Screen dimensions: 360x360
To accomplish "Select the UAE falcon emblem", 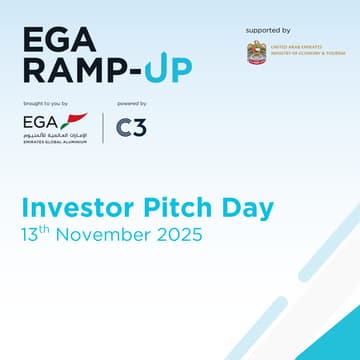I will pyautogui.click(x=257, y=52).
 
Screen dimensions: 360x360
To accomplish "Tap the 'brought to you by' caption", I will pyautogui.click(x=45, y=104).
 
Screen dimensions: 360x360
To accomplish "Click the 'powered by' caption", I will pyautogui.click(x=132, y=104).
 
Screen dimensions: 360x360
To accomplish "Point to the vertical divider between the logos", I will pyautogui.click(x=104, y=128).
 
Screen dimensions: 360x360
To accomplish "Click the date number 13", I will pyautogui.click(x=30, y=237).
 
